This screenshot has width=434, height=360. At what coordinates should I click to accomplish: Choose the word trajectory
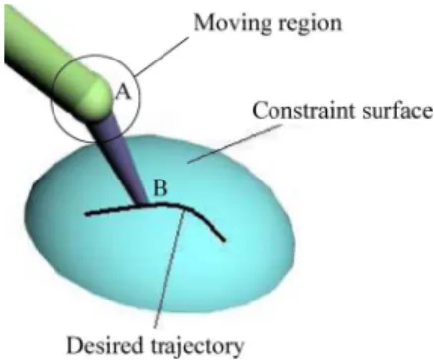pyautogui.click(x=197, y=346)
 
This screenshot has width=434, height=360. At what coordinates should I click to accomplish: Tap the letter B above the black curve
pyautogui.click(x=161, y=188)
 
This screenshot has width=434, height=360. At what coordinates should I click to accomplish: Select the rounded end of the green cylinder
pyautogui.click(x=99, y=97)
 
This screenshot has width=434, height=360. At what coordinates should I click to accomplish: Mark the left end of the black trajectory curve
pyautogui.click(x=87, y=214)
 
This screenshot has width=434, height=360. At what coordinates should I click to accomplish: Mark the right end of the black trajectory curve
pyautogui.click(x=224, y=240)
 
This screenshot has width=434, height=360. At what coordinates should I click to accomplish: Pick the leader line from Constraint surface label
pyautogui.click(x=235, y=144)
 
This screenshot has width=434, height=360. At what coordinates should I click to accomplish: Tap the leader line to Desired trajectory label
pyautogui.click(x=168, y=269)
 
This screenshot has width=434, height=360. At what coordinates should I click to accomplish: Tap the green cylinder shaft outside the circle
pyautogui.click(x=32, y=38)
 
